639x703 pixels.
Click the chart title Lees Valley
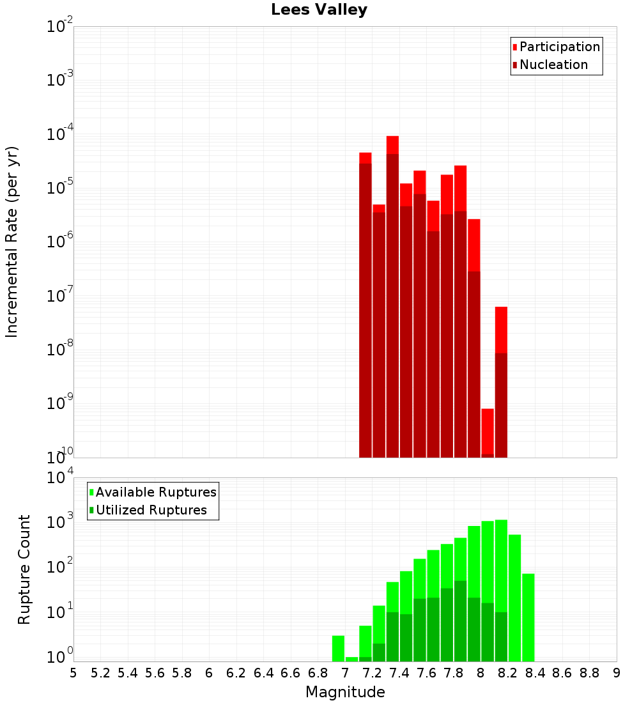point(319,10)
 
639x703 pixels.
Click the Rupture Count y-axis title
point(24,569)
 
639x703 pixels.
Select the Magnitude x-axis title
point(345,692)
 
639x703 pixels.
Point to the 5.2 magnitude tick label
point(101,673)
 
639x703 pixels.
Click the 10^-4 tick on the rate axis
point(60,135)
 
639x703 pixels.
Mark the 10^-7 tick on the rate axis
point(60,296)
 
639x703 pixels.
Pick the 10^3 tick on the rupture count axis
point(60,521)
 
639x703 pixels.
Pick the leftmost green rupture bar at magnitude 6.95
point(338,648)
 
